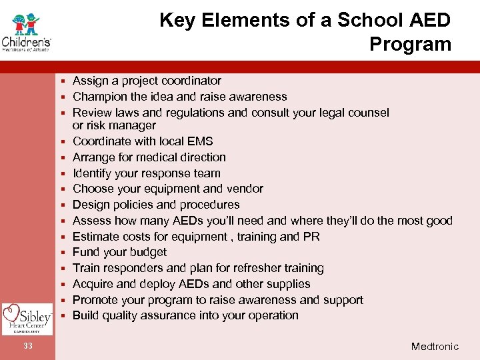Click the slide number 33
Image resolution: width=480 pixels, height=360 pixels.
tap(27, 345)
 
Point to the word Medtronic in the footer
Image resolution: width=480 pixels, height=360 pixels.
tap(435, 346)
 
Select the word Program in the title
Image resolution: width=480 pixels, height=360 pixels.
tap(410, 44)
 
